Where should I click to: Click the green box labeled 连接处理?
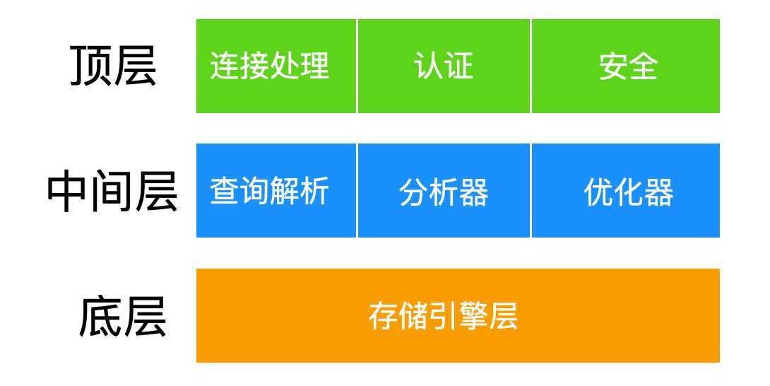[276, 66]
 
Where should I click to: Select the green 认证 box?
[444, 66]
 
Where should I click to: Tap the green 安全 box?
[626, 66]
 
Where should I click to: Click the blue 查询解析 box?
[276, 191]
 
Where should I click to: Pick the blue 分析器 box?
[444, 191]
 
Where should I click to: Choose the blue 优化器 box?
[626, 191]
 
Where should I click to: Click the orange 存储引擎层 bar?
[458, 316]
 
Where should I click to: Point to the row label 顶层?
[113, 66]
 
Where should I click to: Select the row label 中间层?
[112, 192]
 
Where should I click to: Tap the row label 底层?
[122, 317]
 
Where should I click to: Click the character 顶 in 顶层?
[91, 66]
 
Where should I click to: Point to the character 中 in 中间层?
[68, 192]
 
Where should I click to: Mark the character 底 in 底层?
[100, 317]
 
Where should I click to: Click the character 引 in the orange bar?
[443, 316]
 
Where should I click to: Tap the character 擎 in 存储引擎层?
[473, 316]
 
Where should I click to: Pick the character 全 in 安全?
[644, 66]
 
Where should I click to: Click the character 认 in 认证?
[428, 66]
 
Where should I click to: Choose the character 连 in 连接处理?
[225, 66]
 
